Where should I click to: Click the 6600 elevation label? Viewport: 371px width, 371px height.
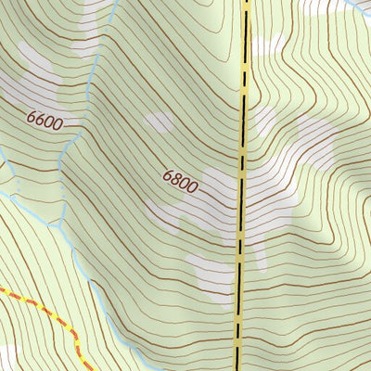click(x=44, y=121)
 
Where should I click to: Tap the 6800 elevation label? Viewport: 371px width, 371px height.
click(x=180, y=180)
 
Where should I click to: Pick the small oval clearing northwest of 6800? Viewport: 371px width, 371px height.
click(x=159, y=122)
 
